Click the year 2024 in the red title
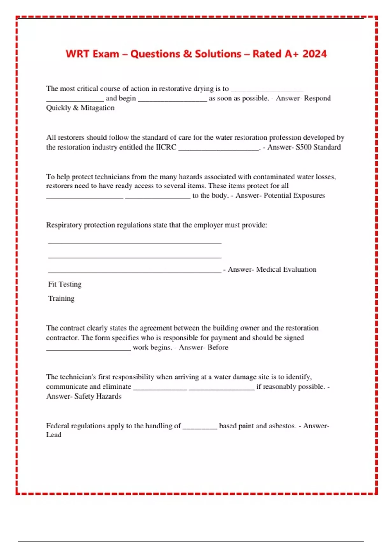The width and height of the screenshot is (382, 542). [x=314, y=54]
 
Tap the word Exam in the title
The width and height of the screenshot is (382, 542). [x=106, y=54]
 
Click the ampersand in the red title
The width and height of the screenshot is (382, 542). [x=187, y=54]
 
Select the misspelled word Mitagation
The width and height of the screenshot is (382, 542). [x=97, y=108]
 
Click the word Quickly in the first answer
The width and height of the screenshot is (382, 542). [x=58, y=108]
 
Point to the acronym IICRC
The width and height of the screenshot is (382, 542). [x=166, y=147]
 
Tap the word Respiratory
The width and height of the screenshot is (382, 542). [x=64, y=225]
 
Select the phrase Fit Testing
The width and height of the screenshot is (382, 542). [x=65, y=284]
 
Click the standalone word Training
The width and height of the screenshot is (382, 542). [x=61, y=298]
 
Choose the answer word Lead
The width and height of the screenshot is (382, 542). [x=54, y=435]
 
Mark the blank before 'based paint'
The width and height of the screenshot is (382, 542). [x=200, y=428]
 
